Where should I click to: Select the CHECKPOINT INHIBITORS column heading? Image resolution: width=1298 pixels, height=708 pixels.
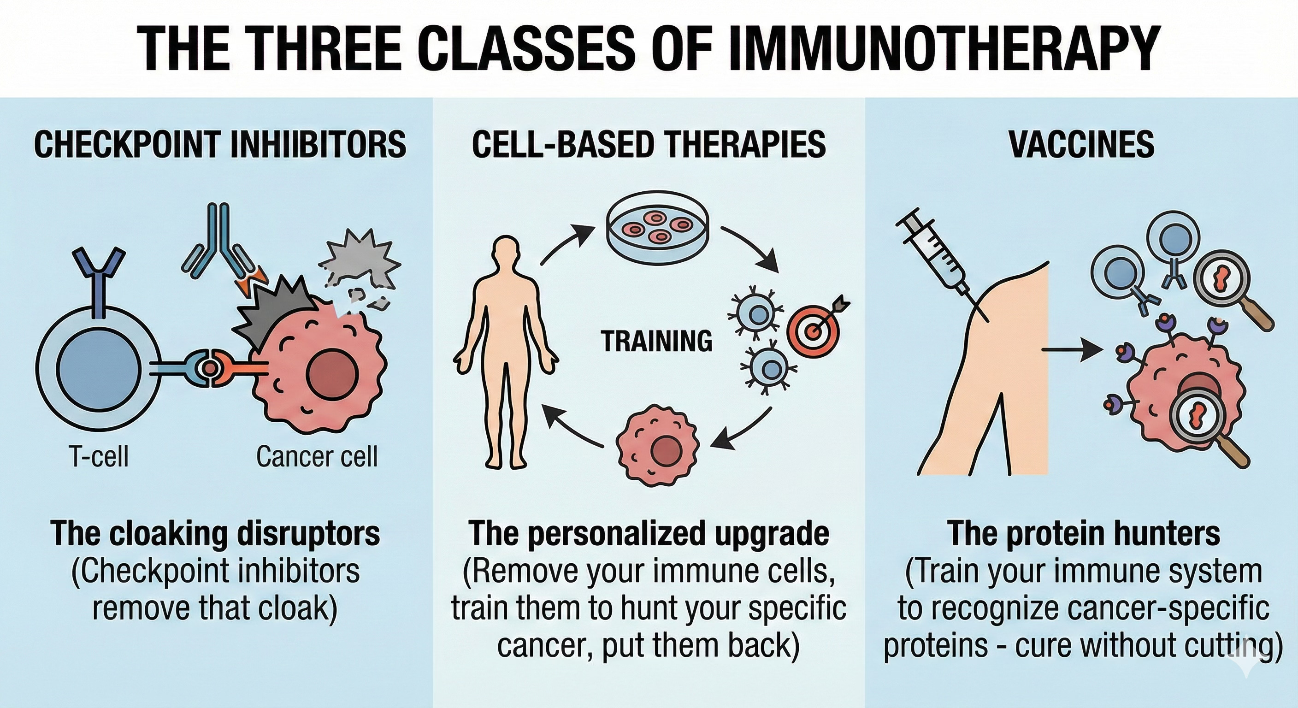pos(220,144)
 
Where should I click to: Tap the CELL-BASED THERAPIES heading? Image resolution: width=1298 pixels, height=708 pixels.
pos(649,144)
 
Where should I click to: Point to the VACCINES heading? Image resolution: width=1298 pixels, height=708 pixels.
pos(1081,144)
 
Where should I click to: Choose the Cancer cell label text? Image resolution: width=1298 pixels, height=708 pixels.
pos(317,456)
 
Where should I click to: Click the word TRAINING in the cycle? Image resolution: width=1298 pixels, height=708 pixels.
pos(656,341)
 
